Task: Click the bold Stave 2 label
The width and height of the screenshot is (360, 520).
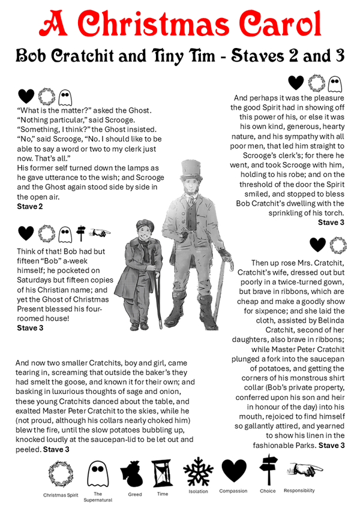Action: click(x=29, y=206)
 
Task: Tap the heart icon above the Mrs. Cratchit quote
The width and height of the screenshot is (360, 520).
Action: click(x=318, y=245)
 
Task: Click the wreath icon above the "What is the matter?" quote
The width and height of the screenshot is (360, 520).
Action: click(x=46, y=95)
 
